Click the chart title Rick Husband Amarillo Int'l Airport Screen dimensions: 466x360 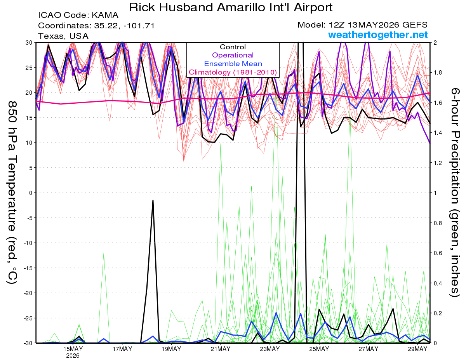[x=231, y=7]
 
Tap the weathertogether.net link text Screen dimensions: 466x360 [x=378, y=35]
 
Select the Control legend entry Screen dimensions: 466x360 [x=233, y=47]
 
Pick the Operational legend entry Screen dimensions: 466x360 [x=233, y=55]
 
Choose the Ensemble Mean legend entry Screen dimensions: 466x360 [x=233, y=64]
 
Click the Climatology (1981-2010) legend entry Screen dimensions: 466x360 [x=233, y=72]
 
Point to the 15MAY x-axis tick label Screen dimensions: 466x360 [x=73, y=349]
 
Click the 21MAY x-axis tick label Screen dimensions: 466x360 [x=221, y=349]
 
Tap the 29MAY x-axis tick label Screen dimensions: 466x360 [x=417, y=349]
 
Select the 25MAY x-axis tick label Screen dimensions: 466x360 [x=319, y=349]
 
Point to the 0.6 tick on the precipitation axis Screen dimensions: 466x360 [x=436, y=253]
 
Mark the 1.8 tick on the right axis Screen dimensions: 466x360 [x=436, y=73]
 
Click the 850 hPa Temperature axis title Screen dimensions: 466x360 [x=12, y=193]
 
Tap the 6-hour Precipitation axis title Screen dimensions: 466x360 [x=454, y=193]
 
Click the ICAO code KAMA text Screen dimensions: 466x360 [x=78, y=15]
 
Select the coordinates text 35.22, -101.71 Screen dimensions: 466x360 [x=124, y=26]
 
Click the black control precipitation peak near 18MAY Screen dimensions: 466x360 [x=153, y=200]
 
